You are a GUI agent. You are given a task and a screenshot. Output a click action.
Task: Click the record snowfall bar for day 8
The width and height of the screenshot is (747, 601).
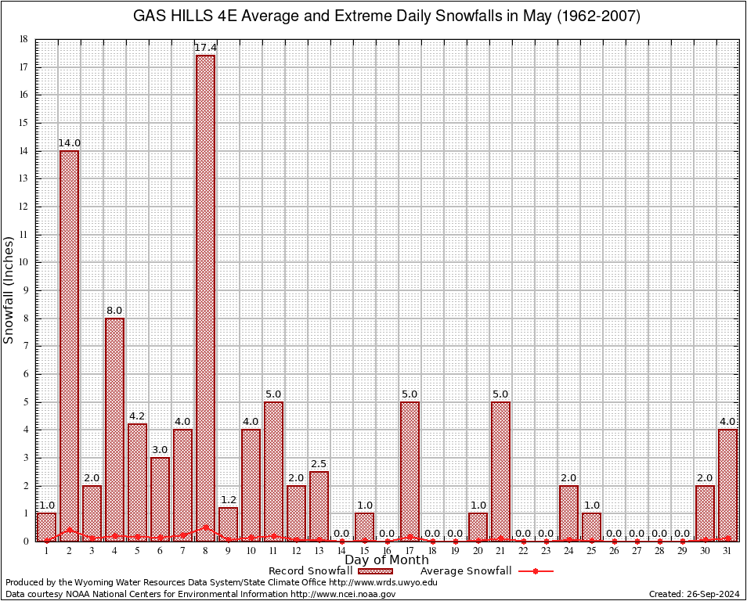(x=205, y=297)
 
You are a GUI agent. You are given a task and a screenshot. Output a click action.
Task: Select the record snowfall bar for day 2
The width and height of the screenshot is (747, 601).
(x=69, y=345)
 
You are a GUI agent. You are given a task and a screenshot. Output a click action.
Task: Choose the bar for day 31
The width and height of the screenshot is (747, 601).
(x=727, y=484)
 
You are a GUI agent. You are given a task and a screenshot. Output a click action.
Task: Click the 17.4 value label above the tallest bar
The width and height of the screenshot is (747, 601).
(x=205, y=48)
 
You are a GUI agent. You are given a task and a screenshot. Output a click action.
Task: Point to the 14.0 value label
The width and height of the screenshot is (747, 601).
(x=69, y=143)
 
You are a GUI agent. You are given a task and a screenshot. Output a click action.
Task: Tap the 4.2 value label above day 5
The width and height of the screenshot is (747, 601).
(x=137, y=416)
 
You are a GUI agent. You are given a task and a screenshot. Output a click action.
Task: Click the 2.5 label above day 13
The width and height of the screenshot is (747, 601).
(x=319, y=464)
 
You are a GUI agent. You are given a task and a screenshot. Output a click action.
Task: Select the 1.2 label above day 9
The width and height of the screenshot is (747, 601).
(x=228, y=500)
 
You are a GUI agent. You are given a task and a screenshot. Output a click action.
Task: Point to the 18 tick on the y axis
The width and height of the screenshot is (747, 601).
(x=23, y=39)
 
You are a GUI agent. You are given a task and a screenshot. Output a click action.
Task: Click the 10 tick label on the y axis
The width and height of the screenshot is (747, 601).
(x=23, y=262)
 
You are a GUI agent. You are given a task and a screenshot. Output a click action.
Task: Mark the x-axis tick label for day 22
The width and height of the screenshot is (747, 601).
(x=523, y=551)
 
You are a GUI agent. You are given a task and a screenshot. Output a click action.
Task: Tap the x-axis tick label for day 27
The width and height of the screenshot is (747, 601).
(x=637, y=551)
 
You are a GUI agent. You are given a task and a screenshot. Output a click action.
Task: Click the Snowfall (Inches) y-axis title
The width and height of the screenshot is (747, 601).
(x=9, y=290)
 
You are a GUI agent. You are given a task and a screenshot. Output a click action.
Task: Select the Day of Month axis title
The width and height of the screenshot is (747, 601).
(x=387, y=560)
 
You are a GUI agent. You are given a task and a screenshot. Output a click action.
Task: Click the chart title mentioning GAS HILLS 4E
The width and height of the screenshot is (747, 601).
(x=387, y=16)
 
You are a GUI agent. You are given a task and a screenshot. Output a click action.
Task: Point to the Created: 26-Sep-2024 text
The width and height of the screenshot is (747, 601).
(x=694, y=594)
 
